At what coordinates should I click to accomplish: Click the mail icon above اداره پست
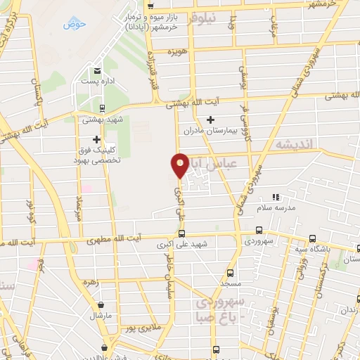tap(97, 72)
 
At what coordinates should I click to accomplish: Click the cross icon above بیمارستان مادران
tap(210, 120)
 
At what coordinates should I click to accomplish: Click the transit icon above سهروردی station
tap(259, 230)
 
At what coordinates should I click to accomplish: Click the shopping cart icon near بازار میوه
tap(151, 6)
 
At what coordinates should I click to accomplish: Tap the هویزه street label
tap(176, 52)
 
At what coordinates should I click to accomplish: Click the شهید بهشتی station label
tap(103, 120)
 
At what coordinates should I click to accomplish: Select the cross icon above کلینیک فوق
tap(96, 139)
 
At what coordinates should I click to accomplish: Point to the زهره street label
tap(90, 281)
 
